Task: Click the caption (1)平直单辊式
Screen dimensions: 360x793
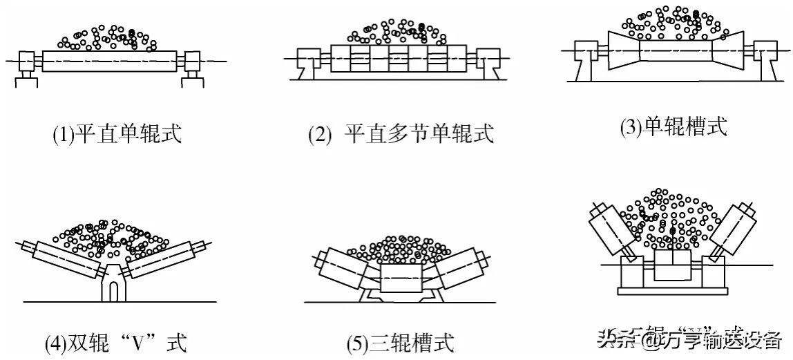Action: [x=117, y=134]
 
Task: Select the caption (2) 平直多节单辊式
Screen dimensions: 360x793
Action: [x=401, y=134]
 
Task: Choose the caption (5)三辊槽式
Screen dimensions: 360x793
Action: [x=401, y=342]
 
